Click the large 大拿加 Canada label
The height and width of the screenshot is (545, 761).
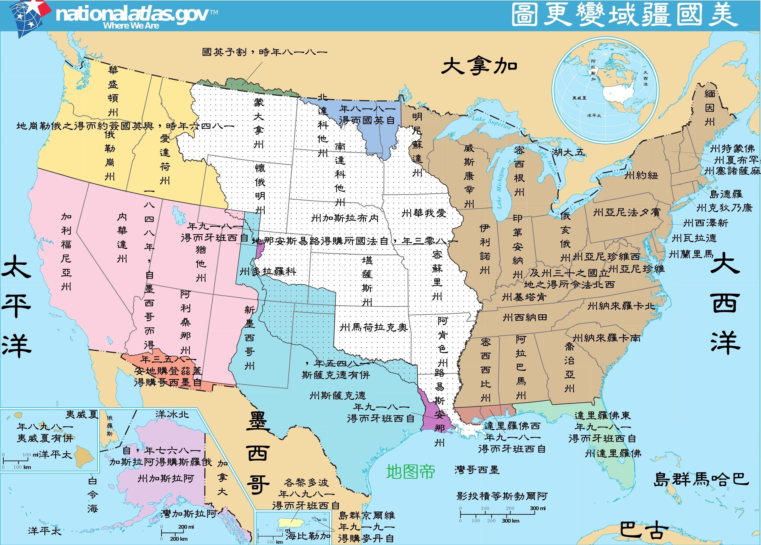(x=479, y=66)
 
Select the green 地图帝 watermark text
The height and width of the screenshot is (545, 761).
(x=410, y=472)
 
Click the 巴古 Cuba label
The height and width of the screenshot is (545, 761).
(x=641, y=530)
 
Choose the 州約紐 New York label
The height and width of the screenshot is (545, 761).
(x=641, y=175)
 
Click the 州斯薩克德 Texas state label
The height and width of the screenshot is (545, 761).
(x=337, y=396)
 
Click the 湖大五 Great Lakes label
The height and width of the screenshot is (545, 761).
(x=568, y=152)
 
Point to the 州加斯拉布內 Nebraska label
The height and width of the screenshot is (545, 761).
(x=345, y=218)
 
